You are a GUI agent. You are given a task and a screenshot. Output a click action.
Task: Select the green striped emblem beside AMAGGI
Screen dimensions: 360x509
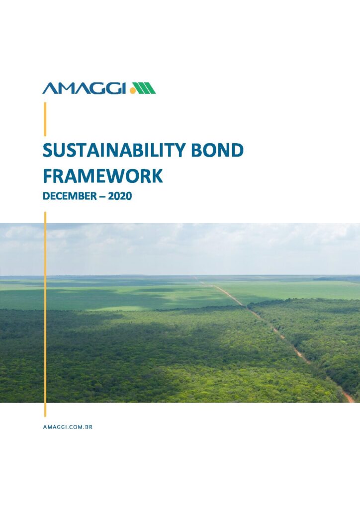(145, 88)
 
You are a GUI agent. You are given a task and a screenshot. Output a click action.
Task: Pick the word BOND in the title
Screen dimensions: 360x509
(217, 151)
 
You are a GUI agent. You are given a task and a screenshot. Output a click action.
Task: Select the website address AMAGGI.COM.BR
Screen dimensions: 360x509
(68, 427)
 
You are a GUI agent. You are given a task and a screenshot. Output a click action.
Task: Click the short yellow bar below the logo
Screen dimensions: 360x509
(45, 119)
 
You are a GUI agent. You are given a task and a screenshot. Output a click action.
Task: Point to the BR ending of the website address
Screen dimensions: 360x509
(89, 427)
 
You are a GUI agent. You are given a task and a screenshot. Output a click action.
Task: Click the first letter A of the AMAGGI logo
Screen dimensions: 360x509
(49, 88)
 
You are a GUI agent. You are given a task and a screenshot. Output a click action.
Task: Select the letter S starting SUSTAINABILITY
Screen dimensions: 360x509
(48, 151)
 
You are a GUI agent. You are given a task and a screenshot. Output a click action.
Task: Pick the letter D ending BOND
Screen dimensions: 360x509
(237, 151)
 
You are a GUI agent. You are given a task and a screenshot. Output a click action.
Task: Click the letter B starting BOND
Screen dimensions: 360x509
(197, 151)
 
